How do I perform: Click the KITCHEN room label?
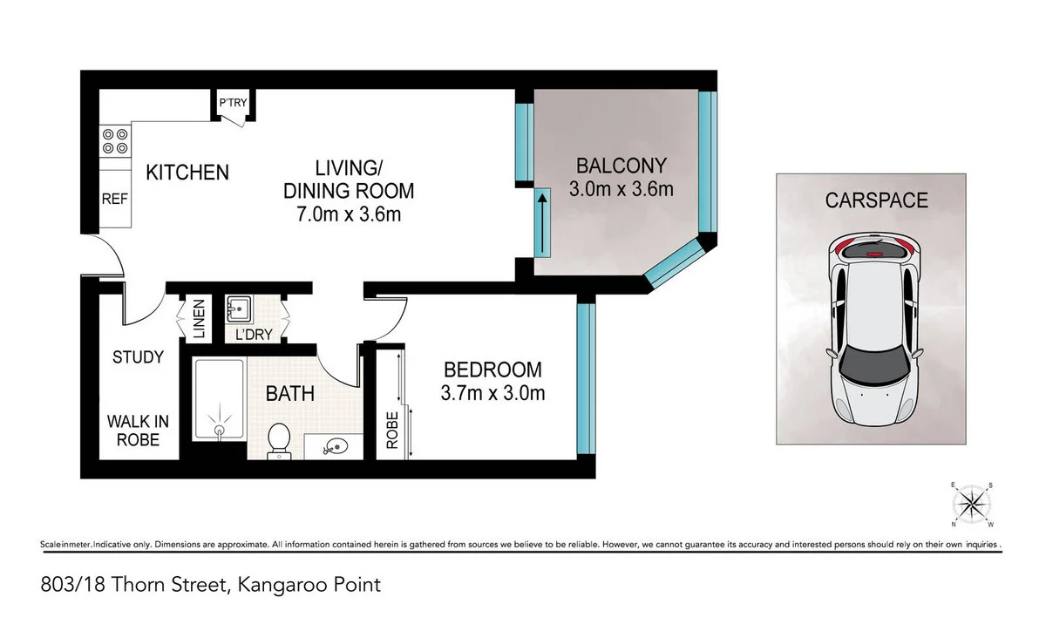(187, 173)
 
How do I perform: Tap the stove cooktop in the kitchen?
(115, 142)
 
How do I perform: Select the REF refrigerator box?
(115, 199)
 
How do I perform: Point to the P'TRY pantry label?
(233, 104)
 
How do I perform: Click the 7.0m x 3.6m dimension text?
(341, 214)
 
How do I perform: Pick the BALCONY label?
(621, 165)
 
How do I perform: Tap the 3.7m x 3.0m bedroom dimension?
(492, 393)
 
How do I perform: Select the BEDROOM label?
(492, 370)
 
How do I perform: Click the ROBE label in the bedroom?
(391, 430)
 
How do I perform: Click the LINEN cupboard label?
(200, 321)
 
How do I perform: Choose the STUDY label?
(138, 357)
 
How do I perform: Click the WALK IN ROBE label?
(138, 431)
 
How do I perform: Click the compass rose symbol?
(971, 504)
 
